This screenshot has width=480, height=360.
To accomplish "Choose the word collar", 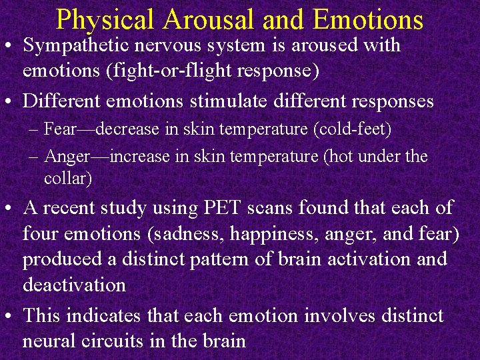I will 67,179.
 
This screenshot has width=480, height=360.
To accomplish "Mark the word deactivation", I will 74,285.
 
